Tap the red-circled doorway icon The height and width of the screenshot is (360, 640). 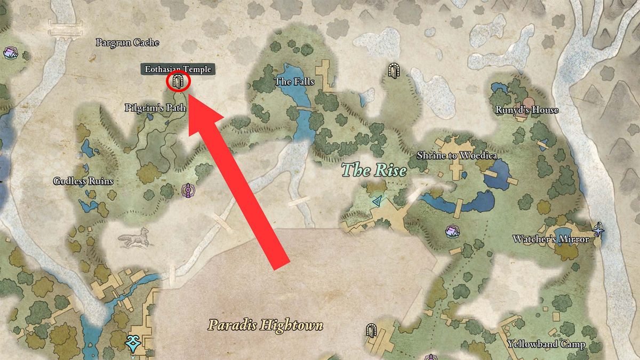pyautogui.click(x=178, y=82)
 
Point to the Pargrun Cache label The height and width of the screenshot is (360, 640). pyautogui.click(x=127, y=42)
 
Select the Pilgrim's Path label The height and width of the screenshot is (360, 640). pyautogui.click(x=155, y=108)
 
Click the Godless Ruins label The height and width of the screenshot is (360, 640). pyautogui.click(x=83, y=181)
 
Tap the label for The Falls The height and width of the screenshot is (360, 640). pyautogui.click(x=294, y=82)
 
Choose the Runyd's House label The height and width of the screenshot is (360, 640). pyautogui.click(x=526, y=110)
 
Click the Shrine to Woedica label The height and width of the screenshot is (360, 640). pyautogui.click(x=457, y=156)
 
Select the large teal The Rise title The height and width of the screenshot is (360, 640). pyautogui.click(x=374, y=171)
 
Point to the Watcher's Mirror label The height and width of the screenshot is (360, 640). pyautogui.click(x=551, y=239)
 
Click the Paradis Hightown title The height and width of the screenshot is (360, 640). pyautogui.click(x=266, y=324)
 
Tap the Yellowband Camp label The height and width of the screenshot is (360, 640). pyautogui.click(x=546, y=344)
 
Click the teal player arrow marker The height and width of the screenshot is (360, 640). pyautogui.click(x=378, y=201)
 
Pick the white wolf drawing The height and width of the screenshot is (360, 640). pyautogui.click(x=133, y=238)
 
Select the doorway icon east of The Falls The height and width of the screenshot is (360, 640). pyautogui.click(x=394, y=70)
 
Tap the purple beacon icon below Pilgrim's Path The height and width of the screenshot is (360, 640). pyautogui.click(x=187, y=189)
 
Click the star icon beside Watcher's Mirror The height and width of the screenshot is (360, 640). pyautogui.click(x=598, y=230)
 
